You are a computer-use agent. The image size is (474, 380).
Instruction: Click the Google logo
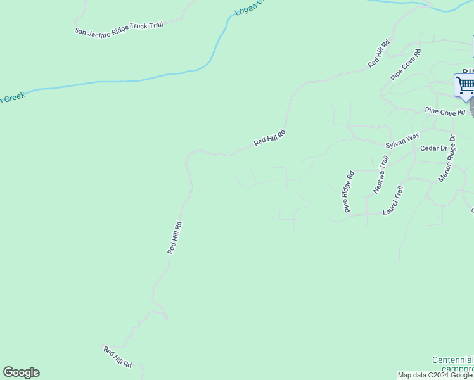[21, 372]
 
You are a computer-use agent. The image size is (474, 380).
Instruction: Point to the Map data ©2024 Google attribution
[435, 375]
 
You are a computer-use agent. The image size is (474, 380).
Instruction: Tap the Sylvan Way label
[402, 140]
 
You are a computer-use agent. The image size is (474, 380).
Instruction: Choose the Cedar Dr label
[434, 148]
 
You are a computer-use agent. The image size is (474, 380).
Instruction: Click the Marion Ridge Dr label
[447, 158]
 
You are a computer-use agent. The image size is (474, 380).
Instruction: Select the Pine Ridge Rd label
[349, 192]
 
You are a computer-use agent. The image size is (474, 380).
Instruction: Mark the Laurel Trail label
[393, 201]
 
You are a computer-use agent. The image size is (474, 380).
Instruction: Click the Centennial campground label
[452, 364]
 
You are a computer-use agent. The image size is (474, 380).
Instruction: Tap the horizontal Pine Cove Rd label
[445, 111]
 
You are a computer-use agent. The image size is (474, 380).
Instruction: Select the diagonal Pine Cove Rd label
[406, 65]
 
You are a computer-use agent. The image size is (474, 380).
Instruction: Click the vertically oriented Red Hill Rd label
[175, 237]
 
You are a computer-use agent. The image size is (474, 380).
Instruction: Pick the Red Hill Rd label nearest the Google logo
[117, 357]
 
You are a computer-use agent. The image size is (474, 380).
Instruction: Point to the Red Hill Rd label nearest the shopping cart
[378, 54]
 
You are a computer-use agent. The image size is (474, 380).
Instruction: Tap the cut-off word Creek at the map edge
[12, 97]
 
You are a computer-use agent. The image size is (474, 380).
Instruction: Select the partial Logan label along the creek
[247, 8]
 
